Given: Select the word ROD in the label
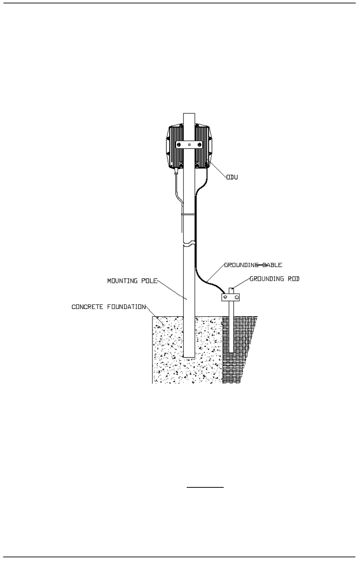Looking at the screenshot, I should (294, 278).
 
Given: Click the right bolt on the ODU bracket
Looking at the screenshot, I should (199, 145).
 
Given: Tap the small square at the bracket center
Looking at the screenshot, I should (189, 145).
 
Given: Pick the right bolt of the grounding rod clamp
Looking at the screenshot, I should (236, 298).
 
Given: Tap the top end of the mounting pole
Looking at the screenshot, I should (189, 114).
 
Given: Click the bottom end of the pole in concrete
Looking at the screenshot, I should (189, 355).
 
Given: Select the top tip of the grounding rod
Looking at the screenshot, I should (231, 289).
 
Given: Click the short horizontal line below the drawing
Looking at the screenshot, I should (205, 487).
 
